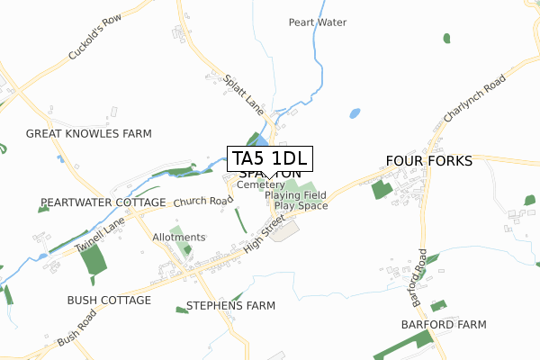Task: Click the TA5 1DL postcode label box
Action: click(270, 159)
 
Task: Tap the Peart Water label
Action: click(317, 22)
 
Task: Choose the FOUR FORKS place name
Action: click(428, 160)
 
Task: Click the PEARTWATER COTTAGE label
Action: click(103, 202)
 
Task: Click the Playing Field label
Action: click(296, 194)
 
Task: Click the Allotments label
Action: click(179, 237)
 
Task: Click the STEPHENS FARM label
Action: click(230, 305)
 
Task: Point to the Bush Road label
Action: click(76, 329)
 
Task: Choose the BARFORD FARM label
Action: click(444, 324)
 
